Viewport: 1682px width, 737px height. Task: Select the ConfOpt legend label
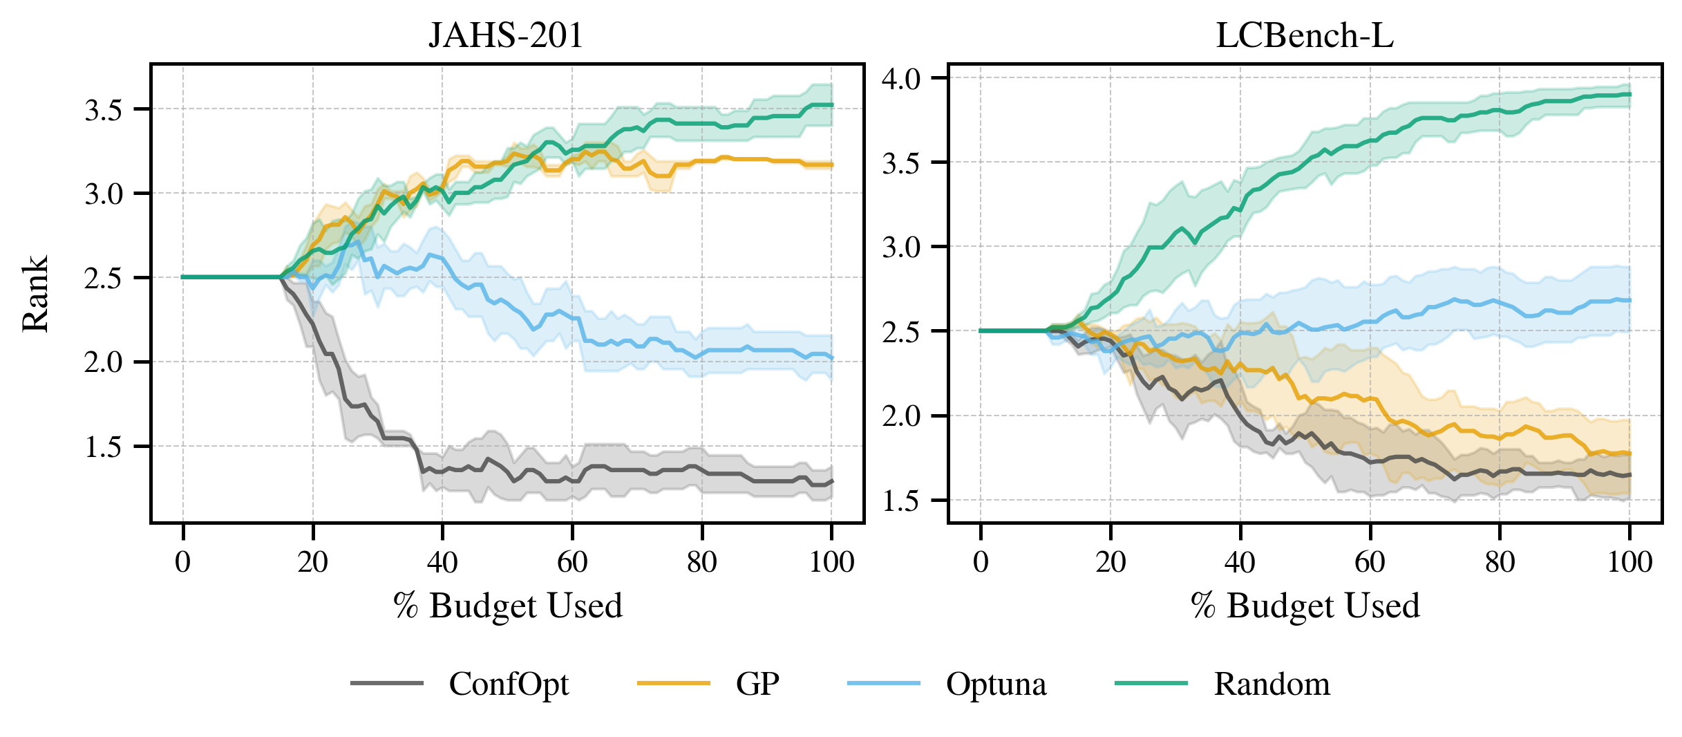(509, 684)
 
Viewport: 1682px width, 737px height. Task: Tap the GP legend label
(757, 684)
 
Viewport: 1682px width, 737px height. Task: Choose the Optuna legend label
(996, 684)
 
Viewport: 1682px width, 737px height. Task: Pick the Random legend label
(1272, 684)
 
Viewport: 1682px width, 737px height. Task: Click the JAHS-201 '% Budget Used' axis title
(508, 606)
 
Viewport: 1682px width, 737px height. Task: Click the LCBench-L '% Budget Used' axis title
(1305, 606)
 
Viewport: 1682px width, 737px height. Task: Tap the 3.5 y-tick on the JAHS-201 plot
(104, 110)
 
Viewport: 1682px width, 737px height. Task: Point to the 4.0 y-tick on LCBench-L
(901, 79)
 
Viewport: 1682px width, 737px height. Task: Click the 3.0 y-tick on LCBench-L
(901, 248)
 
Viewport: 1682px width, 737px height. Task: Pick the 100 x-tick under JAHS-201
(831, 562)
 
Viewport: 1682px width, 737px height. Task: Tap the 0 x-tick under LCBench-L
(981, 562)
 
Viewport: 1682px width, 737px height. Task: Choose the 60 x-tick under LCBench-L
(1370, 562)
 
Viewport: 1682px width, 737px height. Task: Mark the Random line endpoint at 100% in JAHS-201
(831, 105)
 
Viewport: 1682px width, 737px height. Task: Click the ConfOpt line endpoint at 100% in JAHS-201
(831, 481)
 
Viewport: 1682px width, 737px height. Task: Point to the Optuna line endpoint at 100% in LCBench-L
(1629, 300)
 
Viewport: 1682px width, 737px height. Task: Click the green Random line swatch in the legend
(1151, 684)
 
